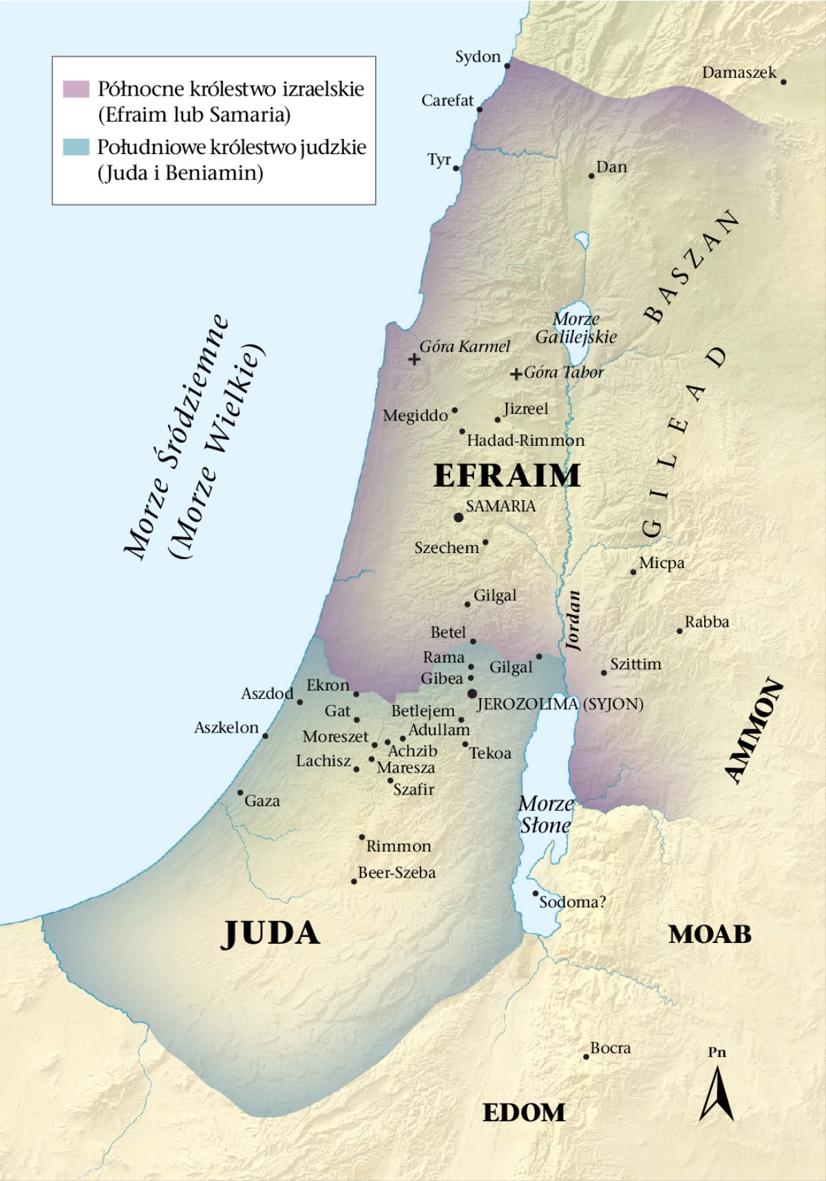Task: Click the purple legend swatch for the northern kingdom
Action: (76, 89)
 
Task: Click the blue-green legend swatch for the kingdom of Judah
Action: (76, 147)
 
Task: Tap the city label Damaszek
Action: (739, 72)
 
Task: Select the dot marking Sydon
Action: (507, 66)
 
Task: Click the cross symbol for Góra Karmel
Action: (414, 359)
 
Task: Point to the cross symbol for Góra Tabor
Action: (516, 374)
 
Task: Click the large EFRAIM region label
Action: (507, 475)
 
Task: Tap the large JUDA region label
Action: (271, 933)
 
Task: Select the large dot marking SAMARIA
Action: (458, 517)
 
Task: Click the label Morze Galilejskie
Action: (576, 328)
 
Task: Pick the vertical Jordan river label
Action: (573, 620)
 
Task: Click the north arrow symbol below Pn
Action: (717, 1094)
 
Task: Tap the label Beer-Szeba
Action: (397, 873)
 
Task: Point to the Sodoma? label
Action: (572, 902)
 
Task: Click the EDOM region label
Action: (524, 1112)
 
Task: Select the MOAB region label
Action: (710, 934)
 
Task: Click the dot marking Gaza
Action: (240, 793)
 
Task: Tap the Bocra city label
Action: (611, 1048)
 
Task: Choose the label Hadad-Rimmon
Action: (526, 440)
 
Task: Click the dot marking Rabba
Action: (679, 631)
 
